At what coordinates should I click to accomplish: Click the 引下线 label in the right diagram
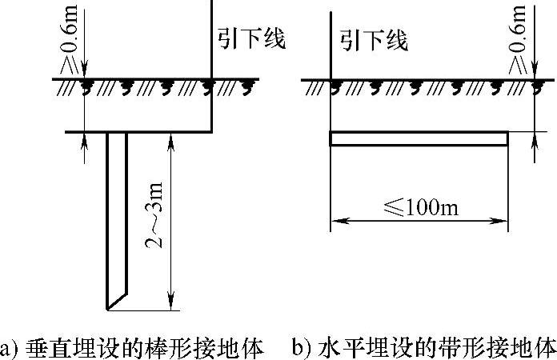coord(374,39)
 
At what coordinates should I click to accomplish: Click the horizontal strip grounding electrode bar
coord(419,138)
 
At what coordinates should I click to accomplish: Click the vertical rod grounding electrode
coord(117,216)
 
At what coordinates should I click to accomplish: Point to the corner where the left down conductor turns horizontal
coord(211,130)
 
